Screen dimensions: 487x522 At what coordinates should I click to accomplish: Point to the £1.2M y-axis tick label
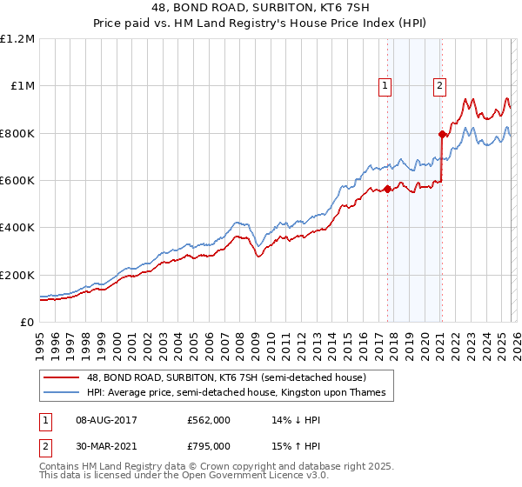(17, 39)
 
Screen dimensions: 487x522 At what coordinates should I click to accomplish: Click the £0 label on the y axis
(27, 322)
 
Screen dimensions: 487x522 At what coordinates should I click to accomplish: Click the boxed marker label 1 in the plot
(385, 85)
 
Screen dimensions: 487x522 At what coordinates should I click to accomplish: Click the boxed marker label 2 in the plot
(440, 85)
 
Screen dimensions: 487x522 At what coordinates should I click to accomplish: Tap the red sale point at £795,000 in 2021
(442, 134)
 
